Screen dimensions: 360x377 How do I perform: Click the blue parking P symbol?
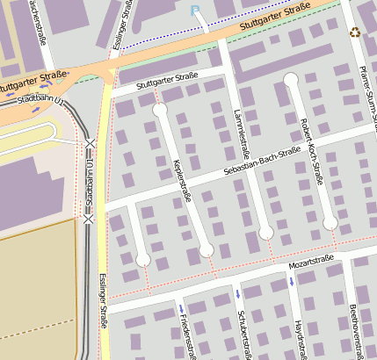[195, 11]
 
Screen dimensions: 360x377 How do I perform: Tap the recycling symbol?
[354, 32]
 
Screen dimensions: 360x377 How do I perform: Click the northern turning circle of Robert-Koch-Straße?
[291, 80]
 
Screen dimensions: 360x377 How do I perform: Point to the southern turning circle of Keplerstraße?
[207, 251]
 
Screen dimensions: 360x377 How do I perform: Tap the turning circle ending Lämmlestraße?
[265, 233]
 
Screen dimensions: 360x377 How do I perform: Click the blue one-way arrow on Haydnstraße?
[291, 282]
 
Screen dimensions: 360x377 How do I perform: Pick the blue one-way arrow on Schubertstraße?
[237, 292]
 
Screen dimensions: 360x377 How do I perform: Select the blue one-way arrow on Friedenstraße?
[181, 308]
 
